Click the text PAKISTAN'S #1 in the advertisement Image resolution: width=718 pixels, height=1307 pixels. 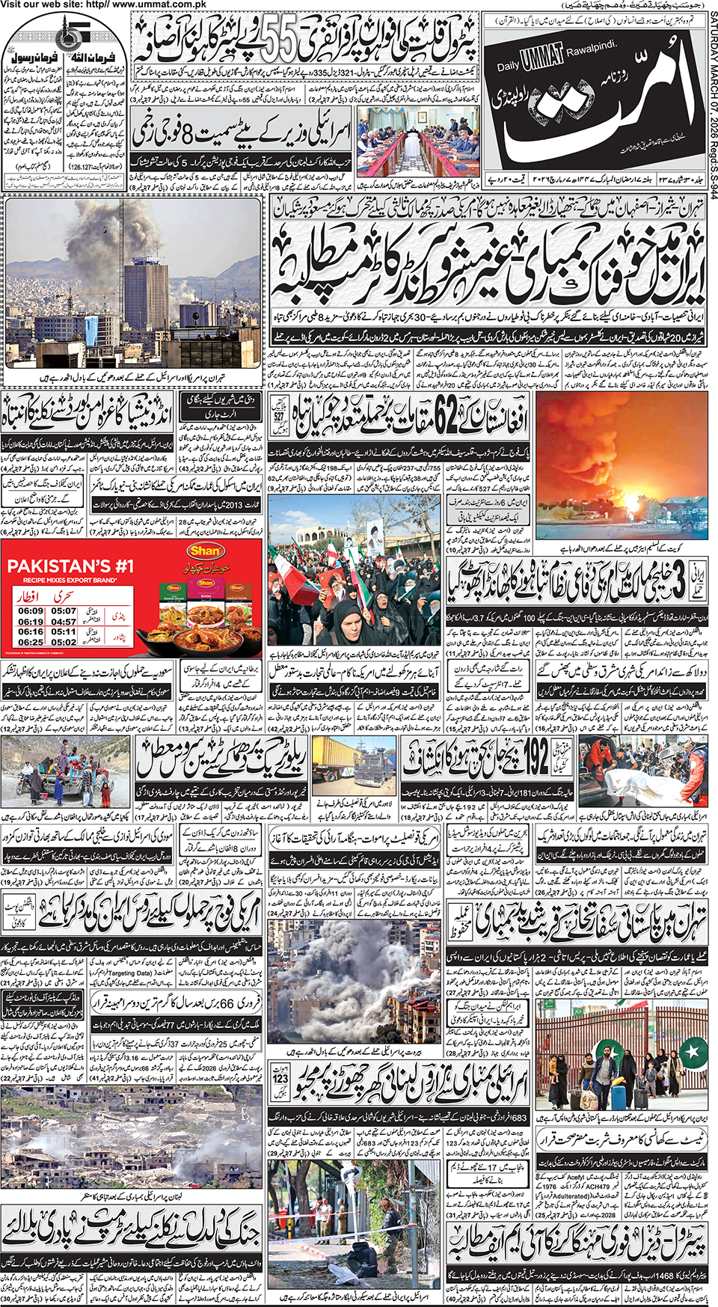[70, 566]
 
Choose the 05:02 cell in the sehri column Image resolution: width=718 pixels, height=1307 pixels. [64, 642]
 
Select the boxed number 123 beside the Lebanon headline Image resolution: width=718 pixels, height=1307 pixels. [280, 1079]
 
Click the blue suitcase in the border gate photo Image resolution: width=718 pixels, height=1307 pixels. [619, 1098]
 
